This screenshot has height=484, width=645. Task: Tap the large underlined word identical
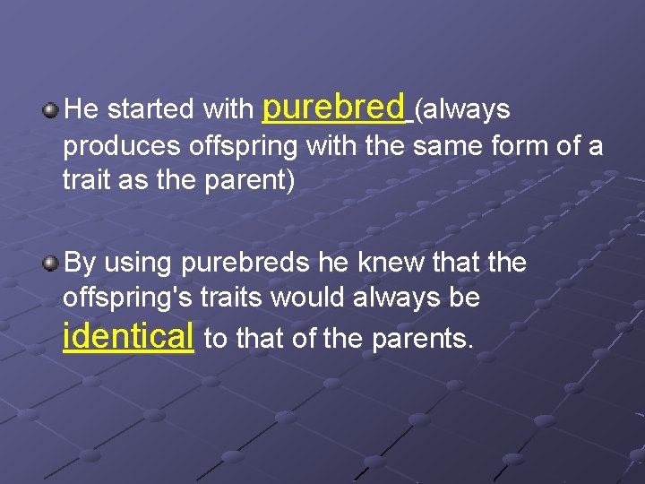tap(129, 336)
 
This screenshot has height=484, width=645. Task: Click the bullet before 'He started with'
tap(51, 110)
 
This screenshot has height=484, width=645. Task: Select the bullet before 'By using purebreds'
tap(51, 264)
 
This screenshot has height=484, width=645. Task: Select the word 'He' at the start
tap(82, 110)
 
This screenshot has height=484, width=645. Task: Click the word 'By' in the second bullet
tap(80, 264)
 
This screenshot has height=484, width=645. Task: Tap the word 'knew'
tap(395, 263)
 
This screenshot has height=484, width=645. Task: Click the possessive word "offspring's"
tap(120, 298)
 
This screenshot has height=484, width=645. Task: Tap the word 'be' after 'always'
tap(464, 298)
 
